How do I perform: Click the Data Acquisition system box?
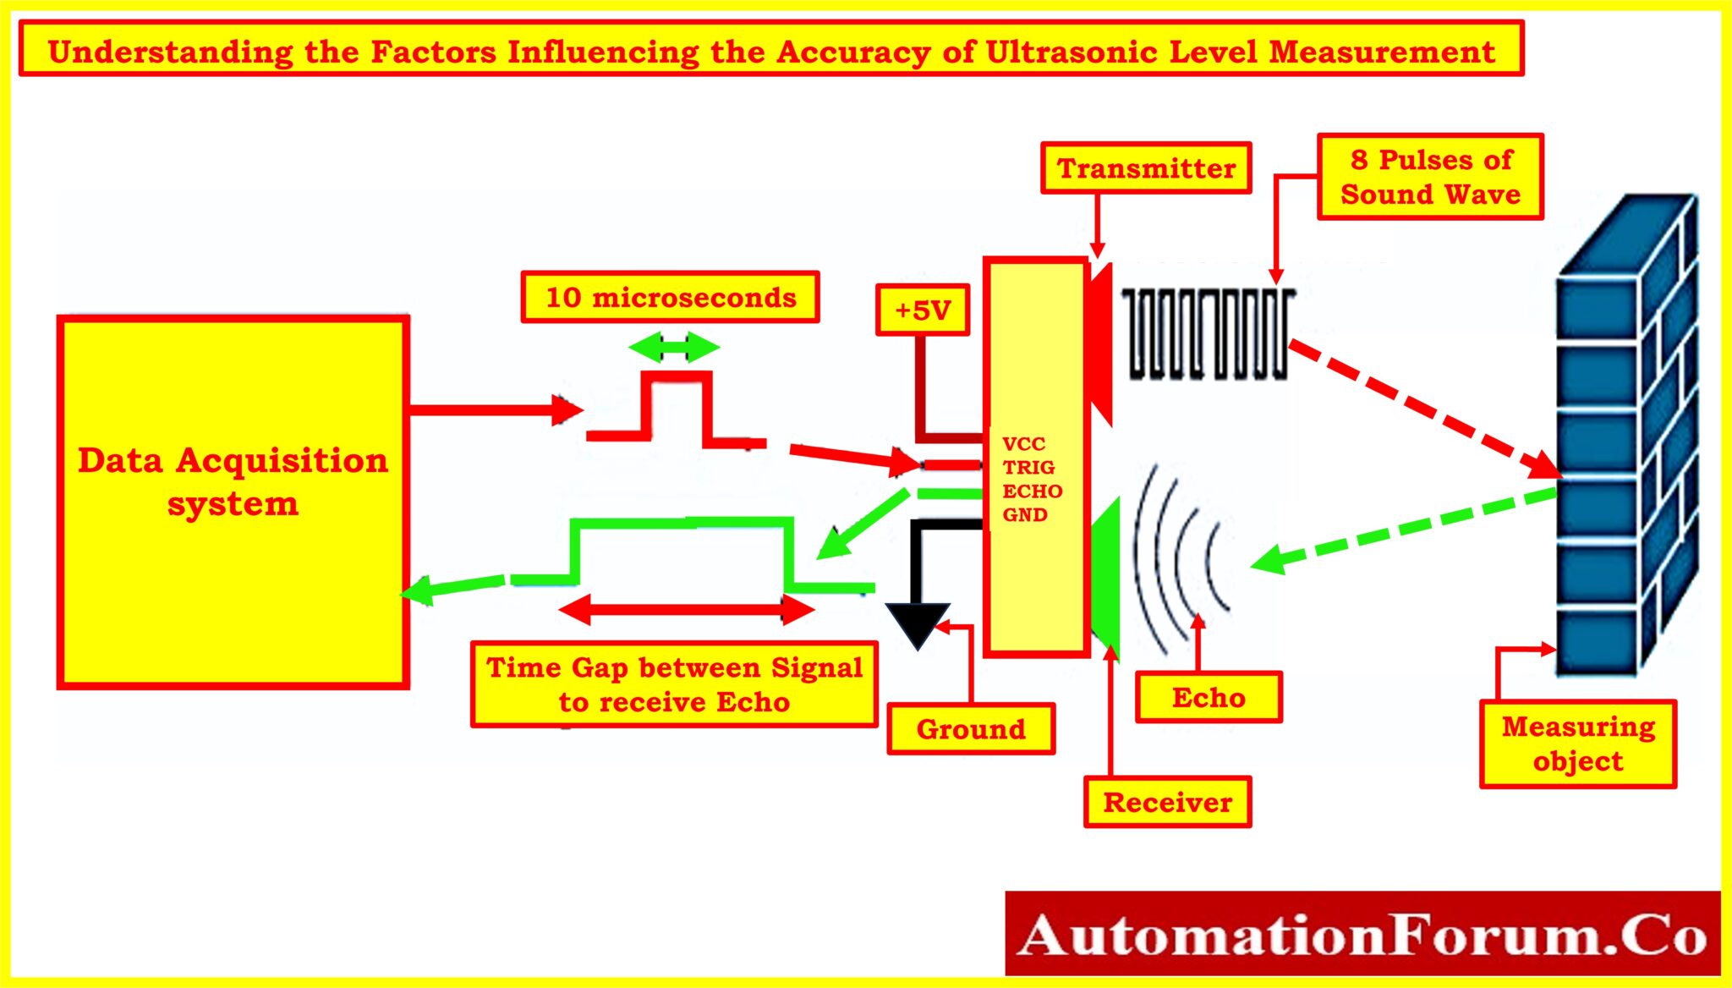(x=233, y=502)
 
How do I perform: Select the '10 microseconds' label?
(x=670, y=298)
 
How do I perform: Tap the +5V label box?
(x=923, y=310)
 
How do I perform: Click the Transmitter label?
(x=1146, y=168)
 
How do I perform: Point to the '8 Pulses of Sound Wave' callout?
(x=1430, y=177)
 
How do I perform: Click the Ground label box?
(x=971, y=729)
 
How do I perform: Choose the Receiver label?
(x=1167, y=802)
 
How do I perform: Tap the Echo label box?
(x=1209, y=698)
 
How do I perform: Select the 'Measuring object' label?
(x=1578, y=744)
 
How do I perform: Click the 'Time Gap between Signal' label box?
(x=674, y=684)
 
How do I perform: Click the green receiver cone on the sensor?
(x=1105, y=575)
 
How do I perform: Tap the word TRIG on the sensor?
(x=1028, y=468)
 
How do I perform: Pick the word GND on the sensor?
(x=1025, y=515)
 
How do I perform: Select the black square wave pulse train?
(x=1207, y=333)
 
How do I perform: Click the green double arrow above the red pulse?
(x=674, y=347)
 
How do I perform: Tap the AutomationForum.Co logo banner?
(x=1362, y=935)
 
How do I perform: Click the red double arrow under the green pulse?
(x=686, y=609)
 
